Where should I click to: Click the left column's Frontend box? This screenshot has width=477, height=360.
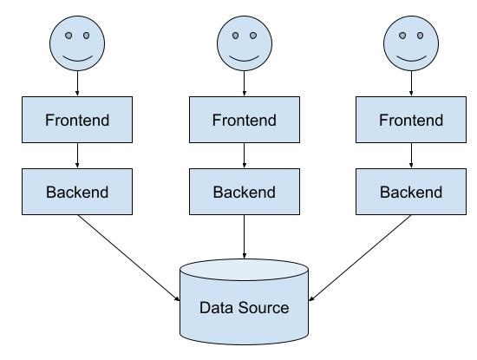point(77,120)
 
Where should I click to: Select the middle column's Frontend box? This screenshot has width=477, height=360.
point(245,120)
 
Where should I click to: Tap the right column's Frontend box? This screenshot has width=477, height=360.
point(411,120)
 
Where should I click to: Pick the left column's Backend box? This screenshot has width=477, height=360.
point(77,192)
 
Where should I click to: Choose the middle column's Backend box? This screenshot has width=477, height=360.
point(245,192)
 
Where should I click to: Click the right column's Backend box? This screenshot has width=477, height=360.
point(411,192)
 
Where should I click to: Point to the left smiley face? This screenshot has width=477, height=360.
point(77,43)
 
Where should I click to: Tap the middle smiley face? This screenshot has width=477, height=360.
point(245,43)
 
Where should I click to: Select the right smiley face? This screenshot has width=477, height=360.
point(411,43)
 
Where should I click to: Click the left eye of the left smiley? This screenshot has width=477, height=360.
point(69,36)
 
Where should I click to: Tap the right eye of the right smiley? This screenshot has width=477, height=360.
point(420,36)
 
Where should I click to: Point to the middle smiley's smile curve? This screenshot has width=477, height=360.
point(245,60)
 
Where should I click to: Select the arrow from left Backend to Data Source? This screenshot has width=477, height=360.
point(128,258)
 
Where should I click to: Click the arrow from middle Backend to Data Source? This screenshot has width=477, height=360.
point(245,237)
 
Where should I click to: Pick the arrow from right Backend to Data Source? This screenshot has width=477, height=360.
point(360,258)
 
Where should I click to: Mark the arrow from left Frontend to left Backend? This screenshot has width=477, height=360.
point(77,155)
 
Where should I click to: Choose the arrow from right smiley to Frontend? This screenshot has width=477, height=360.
point(411,83)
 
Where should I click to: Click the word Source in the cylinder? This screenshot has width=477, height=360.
point(264,308)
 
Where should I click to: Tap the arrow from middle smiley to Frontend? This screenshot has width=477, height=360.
point(245,83)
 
